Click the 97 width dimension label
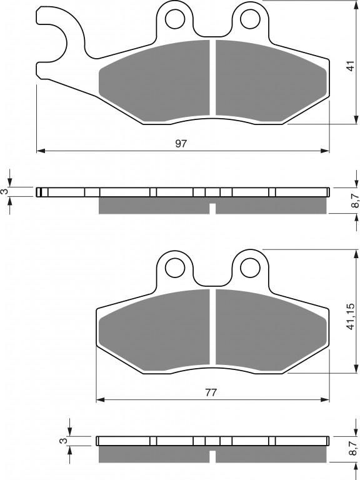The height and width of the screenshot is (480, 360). (x=181, y=143)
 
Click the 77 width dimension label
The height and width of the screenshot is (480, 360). (x=211, y=392)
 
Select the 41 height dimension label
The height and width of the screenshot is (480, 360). (x=351, y=66)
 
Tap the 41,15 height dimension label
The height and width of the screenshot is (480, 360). (x=351, y=317)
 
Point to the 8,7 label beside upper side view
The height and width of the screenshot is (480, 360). (x=355, y=201)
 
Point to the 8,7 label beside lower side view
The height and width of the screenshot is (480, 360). (x=355, y=449)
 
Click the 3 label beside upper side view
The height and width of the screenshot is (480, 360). (x=4, y=192)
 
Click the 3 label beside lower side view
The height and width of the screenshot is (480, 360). (x=63, y=441)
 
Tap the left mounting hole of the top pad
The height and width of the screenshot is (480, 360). (x=175, y=19)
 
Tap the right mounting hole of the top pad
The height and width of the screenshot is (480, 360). (x=250, y=19)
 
